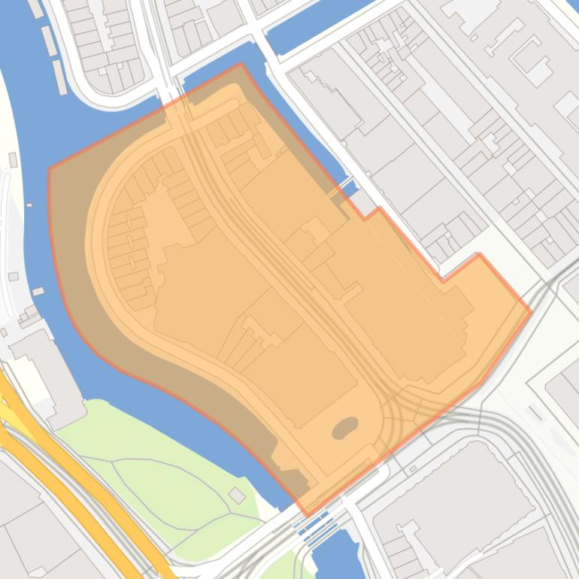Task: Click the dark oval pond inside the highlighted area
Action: (345, 428)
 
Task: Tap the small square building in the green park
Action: (237, 495)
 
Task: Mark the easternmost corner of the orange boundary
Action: (531, 311)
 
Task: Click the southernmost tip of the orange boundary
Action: (307, 515)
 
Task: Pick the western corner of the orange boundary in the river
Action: (50, 168)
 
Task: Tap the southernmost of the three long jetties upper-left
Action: (59, 77)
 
